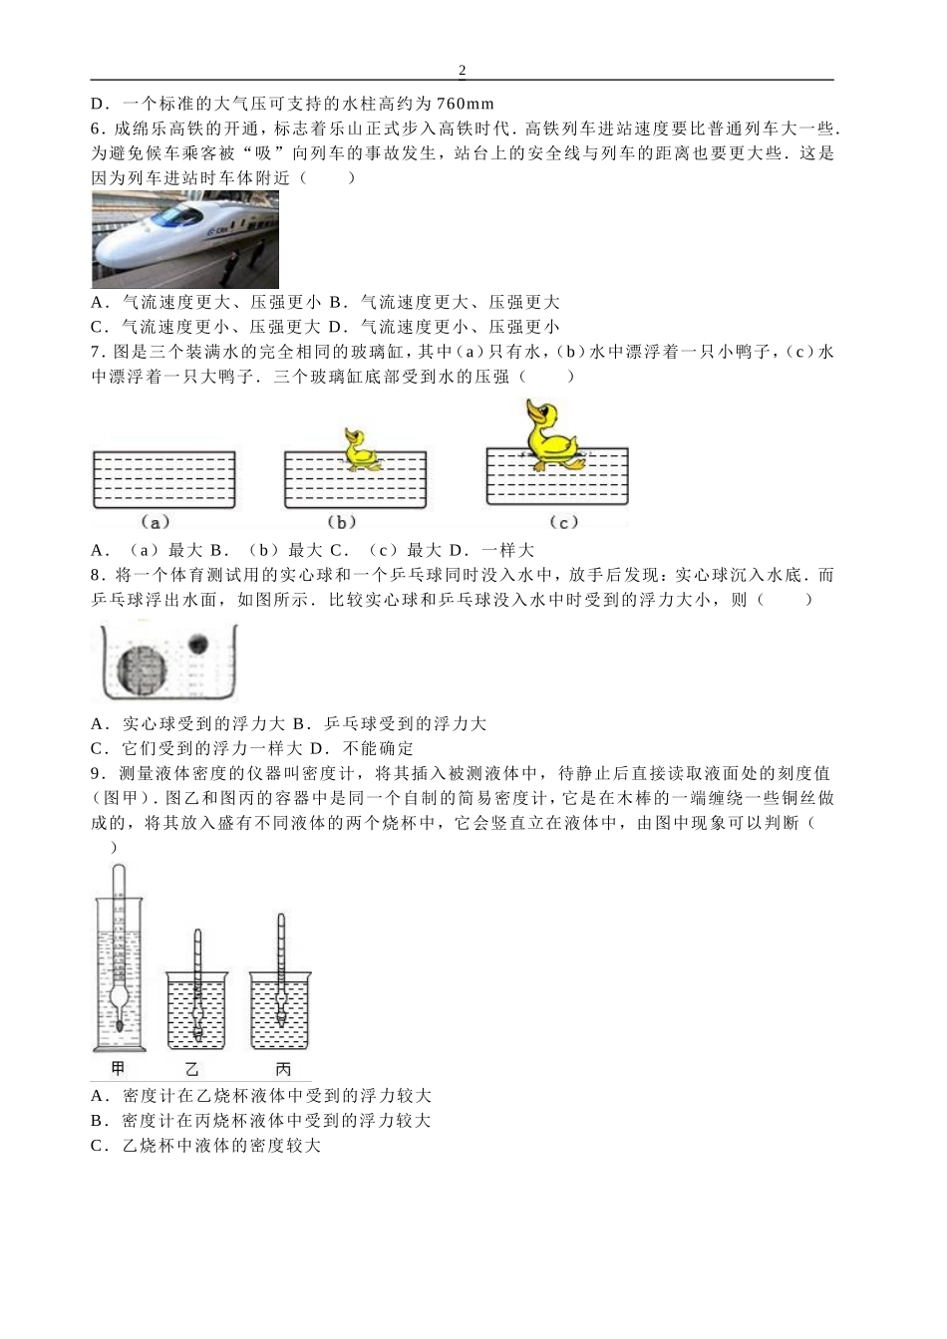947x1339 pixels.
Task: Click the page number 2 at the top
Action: (x=462, y=70)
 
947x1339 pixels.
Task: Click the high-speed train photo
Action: (x=184, y=240)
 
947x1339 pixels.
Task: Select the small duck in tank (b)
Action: (x=360, y=450)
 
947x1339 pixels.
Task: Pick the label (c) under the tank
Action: (x=563, y=522)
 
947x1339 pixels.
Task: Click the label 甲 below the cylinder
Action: (x=118, y=1069)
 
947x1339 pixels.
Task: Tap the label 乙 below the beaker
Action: (x=192, y=1069)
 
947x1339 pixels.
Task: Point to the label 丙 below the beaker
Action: (x=282, y=1069)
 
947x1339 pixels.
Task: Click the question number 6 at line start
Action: (x=96, y=129)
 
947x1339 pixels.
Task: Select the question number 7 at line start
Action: (x=96, y=352)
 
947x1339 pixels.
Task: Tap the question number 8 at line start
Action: (x=96, y=575)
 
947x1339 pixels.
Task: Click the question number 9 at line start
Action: (x=96, y=773)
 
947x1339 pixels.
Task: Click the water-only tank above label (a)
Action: (x=163, y=480)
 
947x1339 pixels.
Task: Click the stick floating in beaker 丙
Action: (x=281, y=971)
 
